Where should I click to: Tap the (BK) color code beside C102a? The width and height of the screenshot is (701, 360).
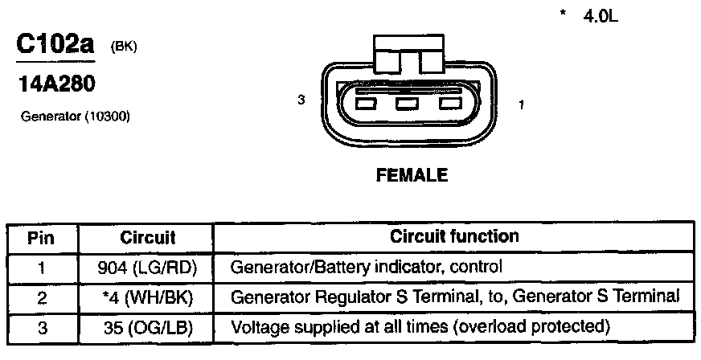coord(124,47)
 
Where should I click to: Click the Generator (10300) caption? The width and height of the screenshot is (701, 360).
coord(75,117)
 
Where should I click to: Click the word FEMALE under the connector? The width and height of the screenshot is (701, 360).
coord(412,175)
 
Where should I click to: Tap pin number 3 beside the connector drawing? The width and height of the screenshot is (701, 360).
coord(301,101)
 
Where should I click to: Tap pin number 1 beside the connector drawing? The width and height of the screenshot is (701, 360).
coord(523,104)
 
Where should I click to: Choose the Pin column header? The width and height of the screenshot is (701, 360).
coord(41,238)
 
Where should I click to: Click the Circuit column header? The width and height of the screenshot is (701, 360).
coord(147,238)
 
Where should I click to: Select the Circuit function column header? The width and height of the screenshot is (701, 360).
coord(454,237)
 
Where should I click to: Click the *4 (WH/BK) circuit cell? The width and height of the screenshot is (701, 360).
coord(147,297)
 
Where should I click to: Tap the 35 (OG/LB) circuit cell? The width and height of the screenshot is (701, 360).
coord(147,328)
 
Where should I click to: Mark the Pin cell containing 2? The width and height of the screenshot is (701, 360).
coord(41,297)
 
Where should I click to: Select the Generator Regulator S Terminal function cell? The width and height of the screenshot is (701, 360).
coord(455,297)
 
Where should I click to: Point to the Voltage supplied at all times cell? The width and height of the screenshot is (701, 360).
coord(420,328)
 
